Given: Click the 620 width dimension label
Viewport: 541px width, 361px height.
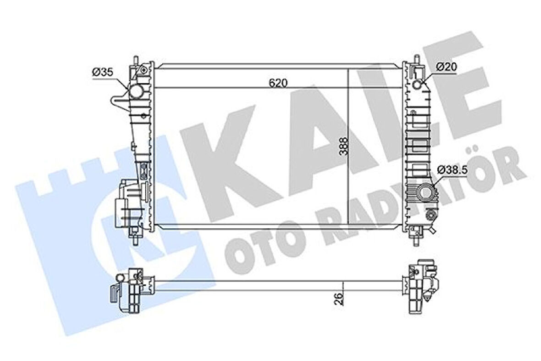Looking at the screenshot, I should point(278,83).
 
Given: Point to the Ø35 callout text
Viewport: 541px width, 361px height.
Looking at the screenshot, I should point(103,72).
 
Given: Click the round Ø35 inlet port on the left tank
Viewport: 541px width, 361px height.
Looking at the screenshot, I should point(136,92).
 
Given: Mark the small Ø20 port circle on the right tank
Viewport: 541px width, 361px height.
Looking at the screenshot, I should point(418,85).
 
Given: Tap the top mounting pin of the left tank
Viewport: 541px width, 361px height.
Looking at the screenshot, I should point(136,61).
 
